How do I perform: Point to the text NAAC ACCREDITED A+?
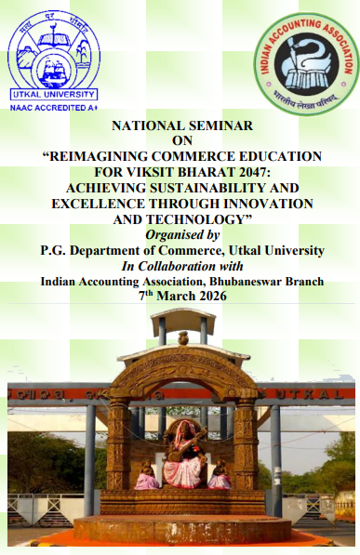point(53,108)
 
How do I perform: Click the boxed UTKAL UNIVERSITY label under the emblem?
point(53,95)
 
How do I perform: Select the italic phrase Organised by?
point(181,234)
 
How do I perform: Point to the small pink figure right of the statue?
point(220,476)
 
